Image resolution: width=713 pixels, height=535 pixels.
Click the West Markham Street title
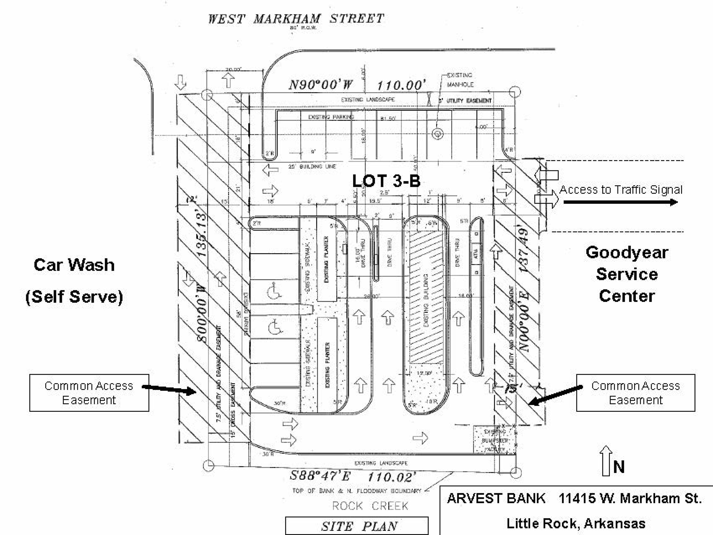point(296,19)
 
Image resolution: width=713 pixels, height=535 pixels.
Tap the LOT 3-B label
point(386,181)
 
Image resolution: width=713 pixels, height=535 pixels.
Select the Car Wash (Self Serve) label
point(74,280)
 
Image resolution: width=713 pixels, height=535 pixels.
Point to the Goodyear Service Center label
point(627,274)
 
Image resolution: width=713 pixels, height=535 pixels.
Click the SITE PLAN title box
point(357,526)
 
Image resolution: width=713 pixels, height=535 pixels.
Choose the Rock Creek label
point(370,506)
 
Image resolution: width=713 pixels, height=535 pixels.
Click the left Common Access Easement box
point(89,392)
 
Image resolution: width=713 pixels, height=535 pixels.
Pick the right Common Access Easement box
point(635,392)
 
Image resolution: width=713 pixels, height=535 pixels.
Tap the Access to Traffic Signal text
point(621,189)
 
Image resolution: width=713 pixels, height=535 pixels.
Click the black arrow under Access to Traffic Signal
point(620,202)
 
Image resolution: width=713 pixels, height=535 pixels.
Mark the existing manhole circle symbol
point(437,133)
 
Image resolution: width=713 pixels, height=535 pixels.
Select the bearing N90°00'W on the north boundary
point(321,85)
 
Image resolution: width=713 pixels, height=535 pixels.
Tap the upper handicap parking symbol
point(274,291)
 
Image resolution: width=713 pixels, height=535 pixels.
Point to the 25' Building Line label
point(312,166)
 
